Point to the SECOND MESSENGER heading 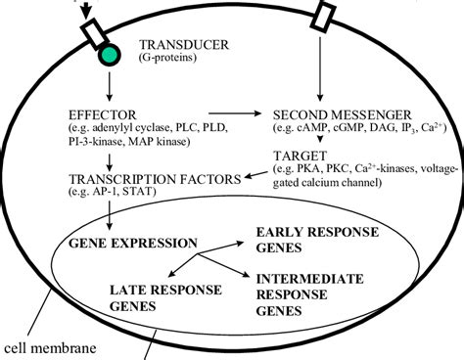[x=345, y=112]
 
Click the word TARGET [x=306, y=156]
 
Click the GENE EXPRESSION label [x=132, y=241]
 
